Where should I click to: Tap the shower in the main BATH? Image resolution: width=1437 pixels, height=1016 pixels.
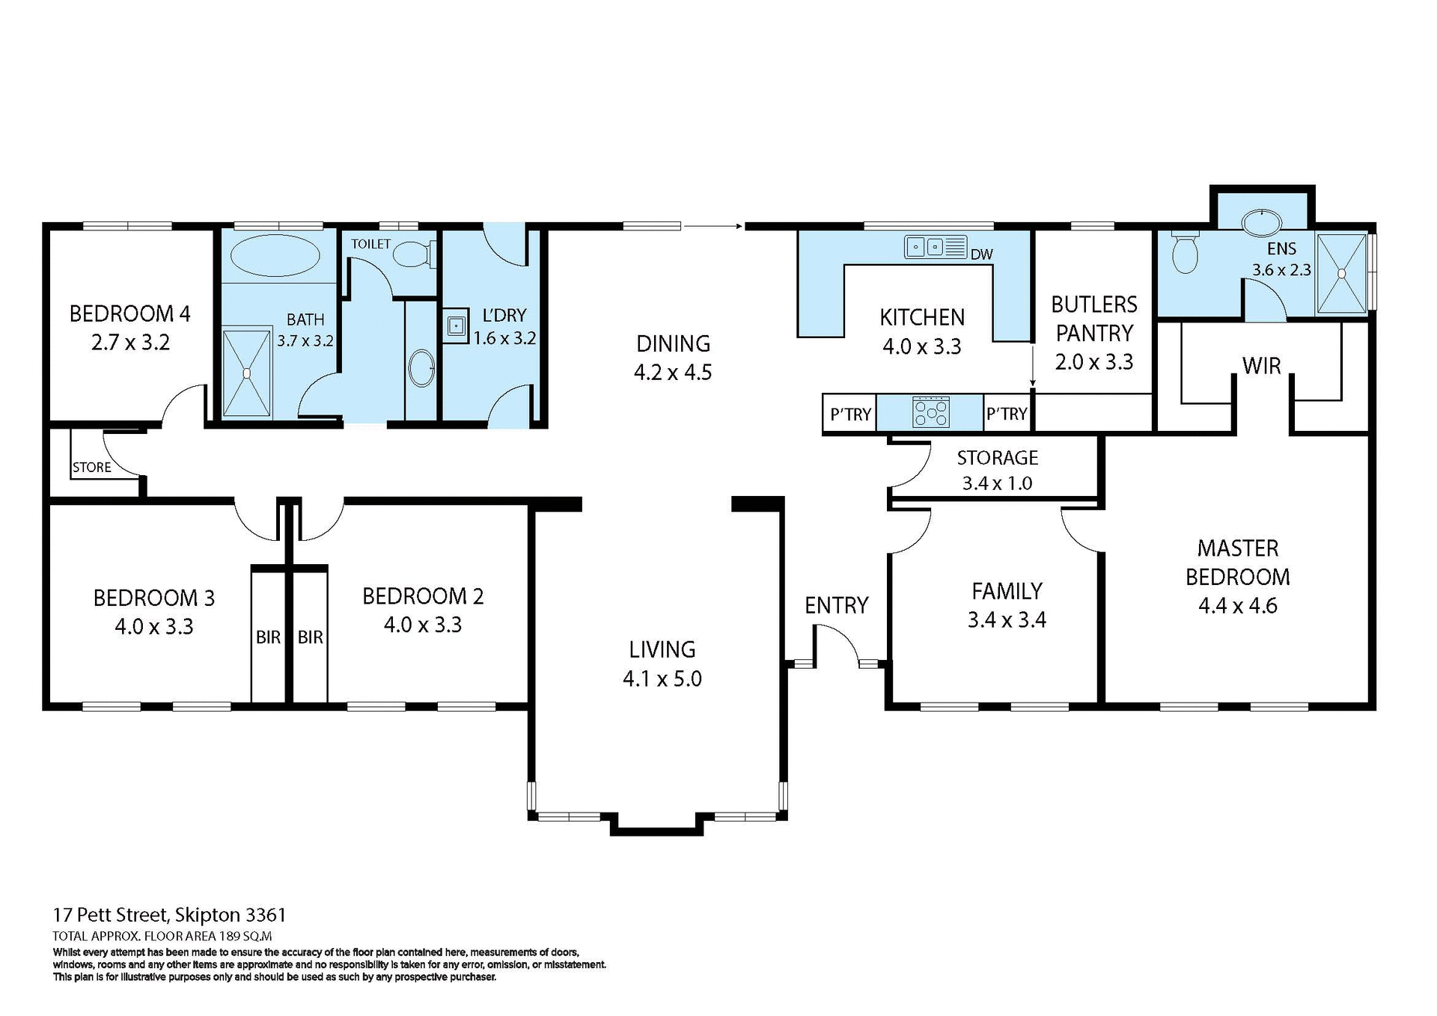click(246, 373)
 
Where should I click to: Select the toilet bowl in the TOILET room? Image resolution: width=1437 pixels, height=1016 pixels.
click(410, 254)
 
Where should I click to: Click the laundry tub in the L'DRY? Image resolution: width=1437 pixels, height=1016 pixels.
click(455, 326)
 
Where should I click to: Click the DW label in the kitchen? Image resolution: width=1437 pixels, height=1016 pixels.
click(981, 254)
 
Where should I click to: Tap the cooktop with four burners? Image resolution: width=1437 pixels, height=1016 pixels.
click(930, 412)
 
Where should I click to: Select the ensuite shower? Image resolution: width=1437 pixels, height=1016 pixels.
click(1341, 274)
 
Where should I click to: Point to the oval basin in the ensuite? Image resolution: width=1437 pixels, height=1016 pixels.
click(1262, 222)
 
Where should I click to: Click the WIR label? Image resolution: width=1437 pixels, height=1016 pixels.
click(1261, 366)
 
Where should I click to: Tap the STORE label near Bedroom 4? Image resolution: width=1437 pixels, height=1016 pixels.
click(91, 468)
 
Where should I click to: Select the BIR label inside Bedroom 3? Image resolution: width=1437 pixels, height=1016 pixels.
click(268, 637)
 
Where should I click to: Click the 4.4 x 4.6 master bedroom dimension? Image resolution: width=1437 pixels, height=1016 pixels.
click(1237, 605)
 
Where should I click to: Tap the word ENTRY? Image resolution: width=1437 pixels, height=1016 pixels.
click(836, 605)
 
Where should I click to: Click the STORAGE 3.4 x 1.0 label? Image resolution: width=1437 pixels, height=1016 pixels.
click(997, 470)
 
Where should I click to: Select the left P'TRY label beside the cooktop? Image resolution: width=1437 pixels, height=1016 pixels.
click(850, 414)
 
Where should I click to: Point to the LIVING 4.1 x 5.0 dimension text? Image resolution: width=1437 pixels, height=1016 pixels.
click(662, 679)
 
